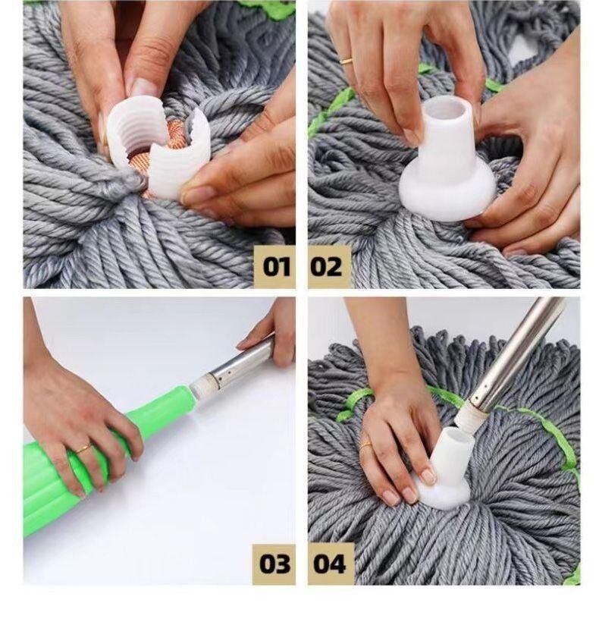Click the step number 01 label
click(x=276, y=266)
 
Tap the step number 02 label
click(x=326, y=266)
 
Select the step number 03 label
click(x=274, y=564)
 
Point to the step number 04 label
click(x=329, y=564)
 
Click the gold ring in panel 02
click(x=347, y=61)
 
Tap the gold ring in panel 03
click(x=83, y=449)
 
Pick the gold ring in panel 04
click(x=365, y=445)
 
